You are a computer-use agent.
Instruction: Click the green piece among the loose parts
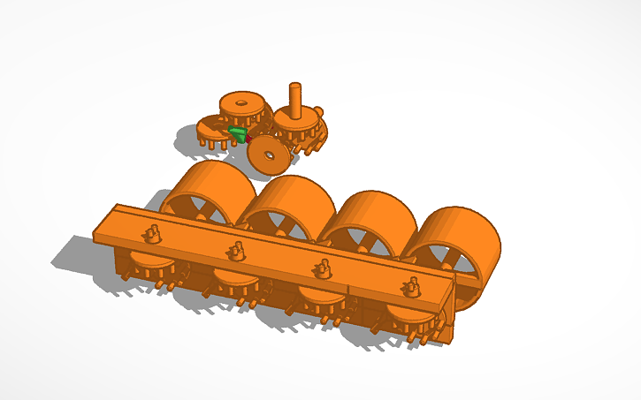pos(237,134)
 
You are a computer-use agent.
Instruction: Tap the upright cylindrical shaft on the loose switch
pos(295,97)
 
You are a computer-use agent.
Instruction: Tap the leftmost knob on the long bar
pos(151,233)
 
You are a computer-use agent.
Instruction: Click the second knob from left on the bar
pos(235,251)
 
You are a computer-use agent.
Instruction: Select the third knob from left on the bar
pos(322,268)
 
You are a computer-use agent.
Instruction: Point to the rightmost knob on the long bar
pos(410,287)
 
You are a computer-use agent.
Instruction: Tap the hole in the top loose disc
pos(240,102)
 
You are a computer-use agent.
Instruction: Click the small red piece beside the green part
pos(248,139)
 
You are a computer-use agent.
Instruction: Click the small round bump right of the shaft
pos(318,111)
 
